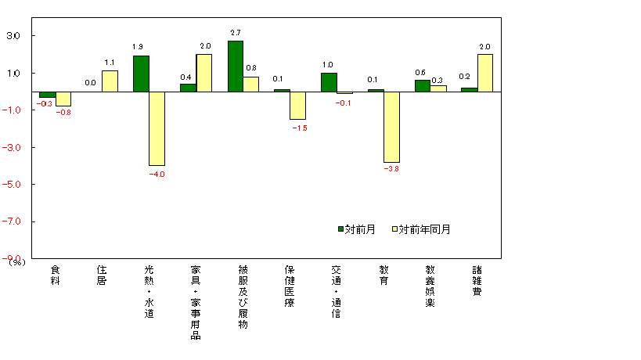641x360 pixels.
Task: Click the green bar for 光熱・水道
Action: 141,74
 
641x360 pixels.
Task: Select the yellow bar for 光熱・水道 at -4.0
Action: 157,128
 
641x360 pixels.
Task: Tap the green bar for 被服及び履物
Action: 235,67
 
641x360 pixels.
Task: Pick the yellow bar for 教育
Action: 391,127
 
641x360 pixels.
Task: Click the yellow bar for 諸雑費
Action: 485,73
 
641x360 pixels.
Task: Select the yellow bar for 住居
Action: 110,81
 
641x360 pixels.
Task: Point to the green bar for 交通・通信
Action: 329,82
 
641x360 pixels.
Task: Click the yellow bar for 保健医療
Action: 297,106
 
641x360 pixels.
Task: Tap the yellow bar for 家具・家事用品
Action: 203,73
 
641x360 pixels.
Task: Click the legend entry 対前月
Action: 357,229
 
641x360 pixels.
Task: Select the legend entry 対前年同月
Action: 421,229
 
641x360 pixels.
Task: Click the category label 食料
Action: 55,275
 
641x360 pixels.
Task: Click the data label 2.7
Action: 236,33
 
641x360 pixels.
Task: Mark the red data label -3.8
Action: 391,169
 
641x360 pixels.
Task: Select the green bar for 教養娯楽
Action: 423,85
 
